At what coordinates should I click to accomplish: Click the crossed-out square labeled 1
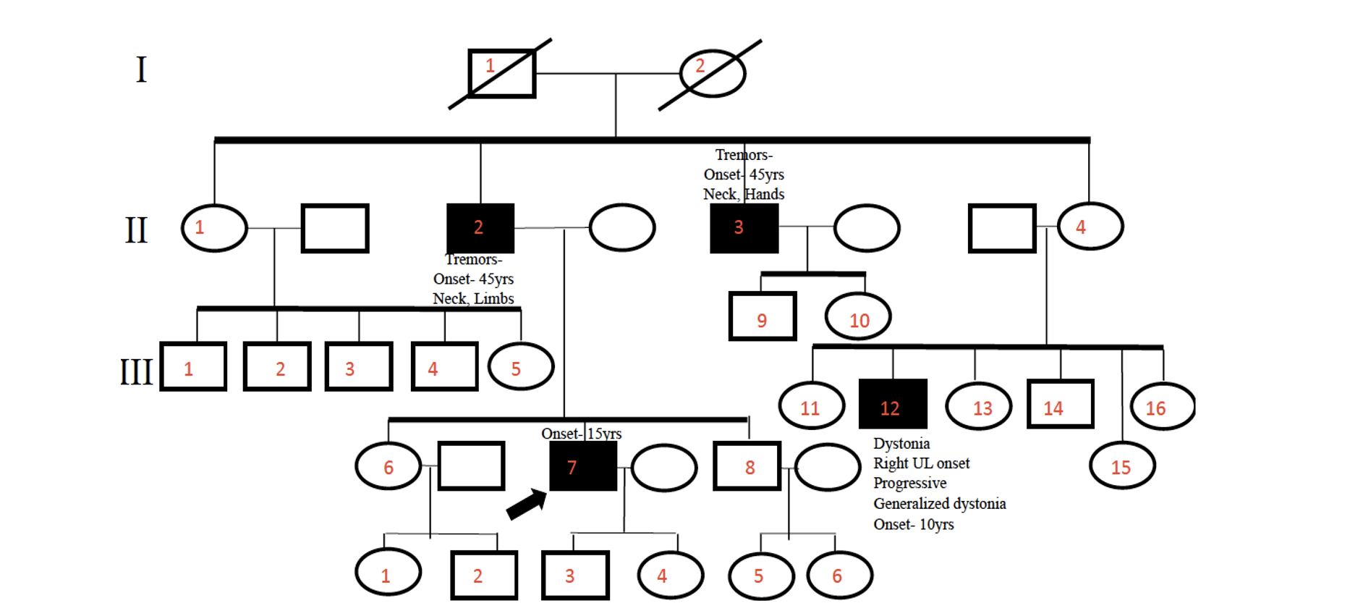pos(501,73)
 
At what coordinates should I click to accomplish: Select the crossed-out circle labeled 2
pos(713,73)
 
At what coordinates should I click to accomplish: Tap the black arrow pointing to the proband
pos(526,503)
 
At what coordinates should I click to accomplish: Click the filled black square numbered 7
pos(583,466)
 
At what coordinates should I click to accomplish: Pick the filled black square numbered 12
pos(893,404)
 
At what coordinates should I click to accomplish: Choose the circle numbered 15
pos(1122,465)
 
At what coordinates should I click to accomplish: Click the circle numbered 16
pos(1163,406)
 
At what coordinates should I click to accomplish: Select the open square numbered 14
pos(1060,404)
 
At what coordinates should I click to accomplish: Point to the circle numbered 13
pos(979,406)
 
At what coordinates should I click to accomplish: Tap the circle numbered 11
pos(812,406)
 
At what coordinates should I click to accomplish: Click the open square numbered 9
pos(763,316)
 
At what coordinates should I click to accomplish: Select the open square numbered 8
pos(747,466)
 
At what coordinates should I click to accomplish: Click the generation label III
pos(136,371)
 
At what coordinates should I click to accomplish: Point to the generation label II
pos(136,230)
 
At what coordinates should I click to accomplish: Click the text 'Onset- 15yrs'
pos(581,434)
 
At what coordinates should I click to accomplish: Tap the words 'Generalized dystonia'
pos(939,504)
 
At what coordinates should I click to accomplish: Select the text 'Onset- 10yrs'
pos(913,524)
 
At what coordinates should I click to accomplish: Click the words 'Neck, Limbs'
pos(473,298)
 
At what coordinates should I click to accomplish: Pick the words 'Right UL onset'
pos(921,463)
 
